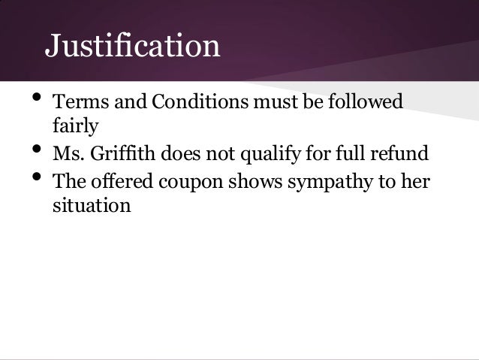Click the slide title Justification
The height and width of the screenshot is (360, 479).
(x=132, y=47)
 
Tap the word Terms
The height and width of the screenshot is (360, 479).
(x=77, y=101)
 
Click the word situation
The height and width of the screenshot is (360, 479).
(x=92, y=205)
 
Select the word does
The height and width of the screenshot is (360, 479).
(x=179, y=154)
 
